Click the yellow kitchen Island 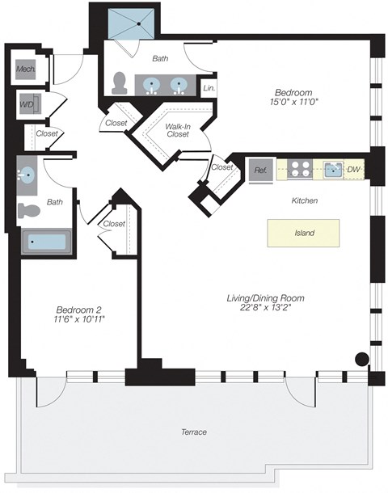pyautogui.click(x=304, y=233)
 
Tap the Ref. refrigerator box pyautogui.click(x=260, y=171)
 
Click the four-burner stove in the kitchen pyautogui.click(x=302, y=170)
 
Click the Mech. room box pyautogui.click(x=25, y=70)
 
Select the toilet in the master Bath pyautogui.click(x=120, y=83)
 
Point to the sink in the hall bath pyautogui.click(x=27, y=175)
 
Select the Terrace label pyautogui.click(x=193, y=432)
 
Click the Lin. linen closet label pyautogui.click(x=209, y=87)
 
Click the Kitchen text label pyautogui.click(x=305, y=200)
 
